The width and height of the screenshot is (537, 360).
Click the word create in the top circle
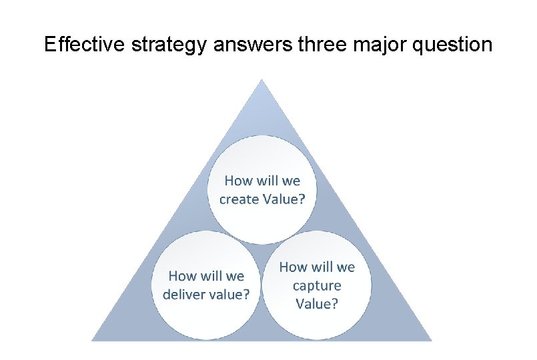coord(237,199)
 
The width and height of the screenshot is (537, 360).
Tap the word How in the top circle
coord(239,180)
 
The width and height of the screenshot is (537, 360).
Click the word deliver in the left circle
coord(185,294)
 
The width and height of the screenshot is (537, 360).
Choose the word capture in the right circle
coord(317,285)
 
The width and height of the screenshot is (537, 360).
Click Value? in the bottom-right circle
coord(317,304)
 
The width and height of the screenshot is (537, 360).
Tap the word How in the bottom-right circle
coord(294,267)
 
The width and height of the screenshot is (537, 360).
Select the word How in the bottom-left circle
coord(183,275)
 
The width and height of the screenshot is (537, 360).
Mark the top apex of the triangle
coord(262,80)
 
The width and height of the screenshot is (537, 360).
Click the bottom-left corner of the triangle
coord(92,340)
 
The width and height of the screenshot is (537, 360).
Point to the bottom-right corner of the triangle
coord(432,340)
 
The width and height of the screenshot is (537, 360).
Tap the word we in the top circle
coord(291,180)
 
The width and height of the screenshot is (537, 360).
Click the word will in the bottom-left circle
coord(211,275)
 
